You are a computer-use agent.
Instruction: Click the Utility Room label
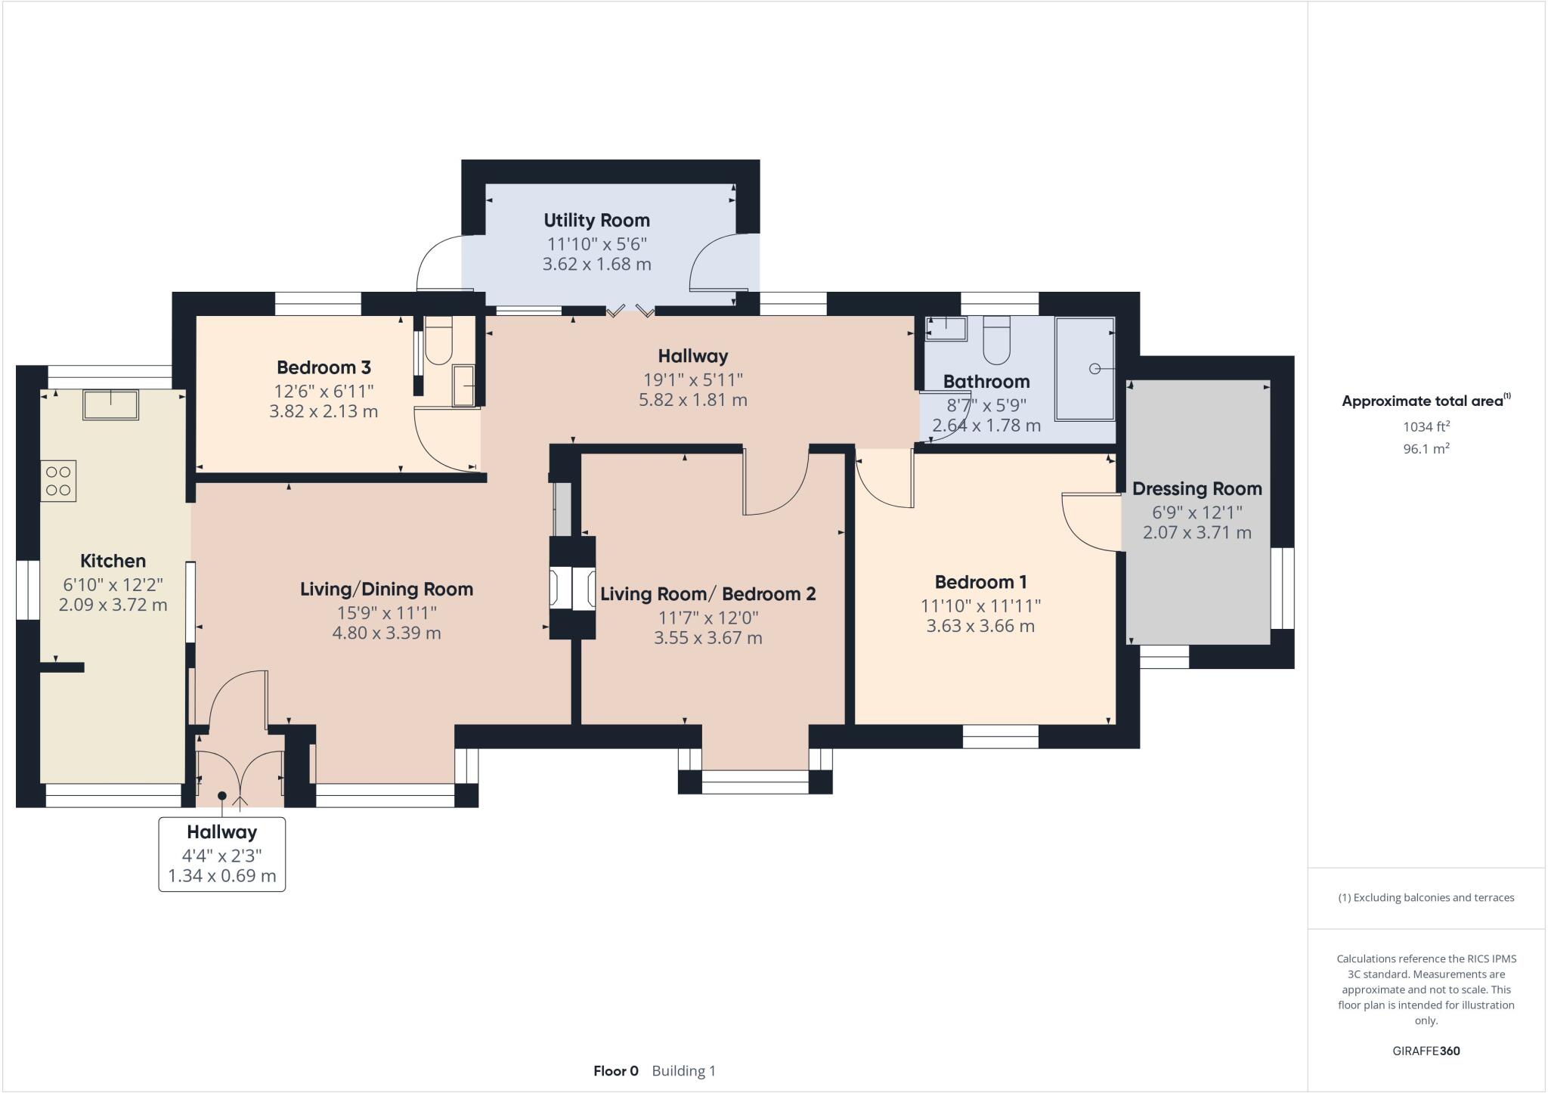coord(596,221)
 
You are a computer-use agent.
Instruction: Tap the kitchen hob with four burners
coord(59,481)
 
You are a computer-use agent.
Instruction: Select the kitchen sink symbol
coord(110,405)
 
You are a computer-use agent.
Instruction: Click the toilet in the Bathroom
coord(996,343)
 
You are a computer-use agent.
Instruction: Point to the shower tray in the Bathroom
coord(1085,369)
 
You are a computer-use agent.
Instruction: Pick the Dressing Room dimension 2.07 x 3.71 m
coord(1197,533)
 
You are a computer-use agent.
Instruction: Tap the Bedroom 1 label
coord(980,582)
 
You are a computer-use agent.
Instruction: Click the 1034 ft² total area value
coord(1426,427)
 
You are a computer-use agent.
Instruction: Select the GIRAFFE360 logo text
coord(1426,1051)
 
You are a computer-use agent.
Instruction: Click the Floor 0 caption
coord(615,1071)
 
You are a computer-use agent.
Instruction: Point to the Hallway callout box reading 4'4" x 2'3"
coord(221,855)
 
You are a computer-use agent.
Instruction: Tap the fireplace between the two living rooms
coord(572,588)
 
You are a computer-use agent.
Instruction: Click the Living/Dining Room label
coord(386,590)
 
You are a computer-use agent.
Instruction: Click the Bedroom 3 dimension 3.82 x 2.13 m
coord(324,412)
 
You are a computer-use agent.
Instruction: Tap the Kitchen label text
coord(113,561)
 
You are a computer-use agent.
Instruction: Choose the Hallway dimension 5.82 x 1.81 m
coord(692,401)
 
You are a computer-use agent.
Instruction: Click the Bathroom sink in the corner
coord(947,329)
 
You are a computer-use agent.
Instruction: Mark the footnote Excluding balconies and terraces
coord(1426,898)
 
